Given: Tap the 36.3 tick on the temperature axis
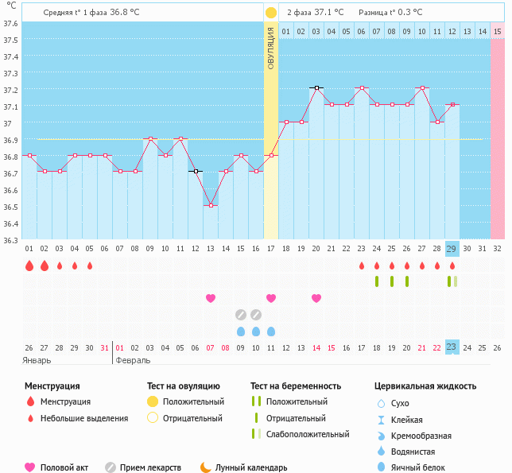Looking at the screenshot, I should tap(10, 240).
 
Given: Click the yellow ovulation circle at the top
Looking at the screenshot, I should tap(271, 13).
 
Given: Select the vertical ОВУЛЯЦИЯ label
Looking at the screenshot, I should tap(271, 48).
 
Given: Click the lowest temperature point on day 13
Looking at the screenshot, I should tap(211, 205).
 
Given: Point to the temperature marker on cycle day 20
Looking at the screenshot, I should tap(316, 88).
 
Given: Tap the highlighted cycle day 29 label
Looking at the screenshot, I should tap(452, 249).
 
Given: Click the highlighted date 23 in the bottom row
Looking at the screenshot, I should tap(452, 347).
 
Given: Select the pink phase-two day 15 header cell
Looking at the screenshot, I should tap(497, 31).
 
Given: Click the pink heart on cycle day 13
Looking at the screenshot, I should tap(211, 298).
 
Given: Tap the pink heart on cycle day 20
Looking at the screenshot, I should tap(316, 298).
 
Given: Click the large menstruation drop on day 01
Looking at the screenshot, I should tap(29, 266).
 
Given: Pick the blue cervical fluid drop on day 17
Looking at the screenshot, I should tap(271, 331).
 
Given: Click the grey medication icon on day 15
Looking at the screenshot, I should tap(241, 314).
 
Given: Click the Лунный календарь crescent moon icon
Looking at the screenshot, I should tap(206, 467).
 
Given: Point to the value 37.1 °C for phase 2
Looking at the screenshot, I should tap(328, 13).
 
